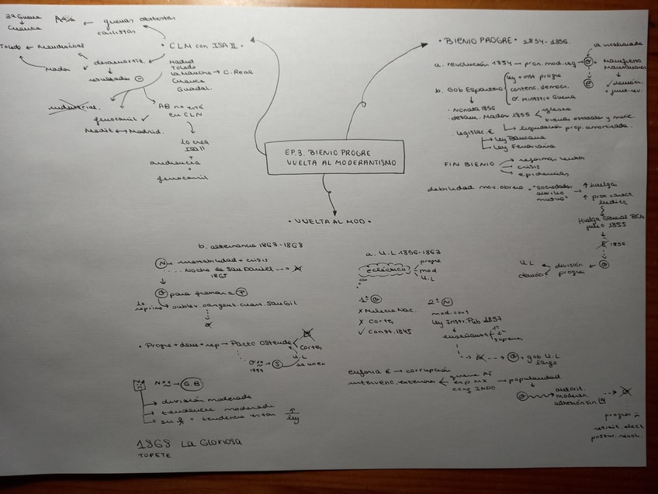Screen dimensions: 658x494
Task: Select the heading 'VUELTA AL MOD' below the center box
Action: coord(331,221)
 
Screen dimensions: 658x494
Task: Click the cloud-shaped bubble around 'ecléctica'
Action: coord(386,272)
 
